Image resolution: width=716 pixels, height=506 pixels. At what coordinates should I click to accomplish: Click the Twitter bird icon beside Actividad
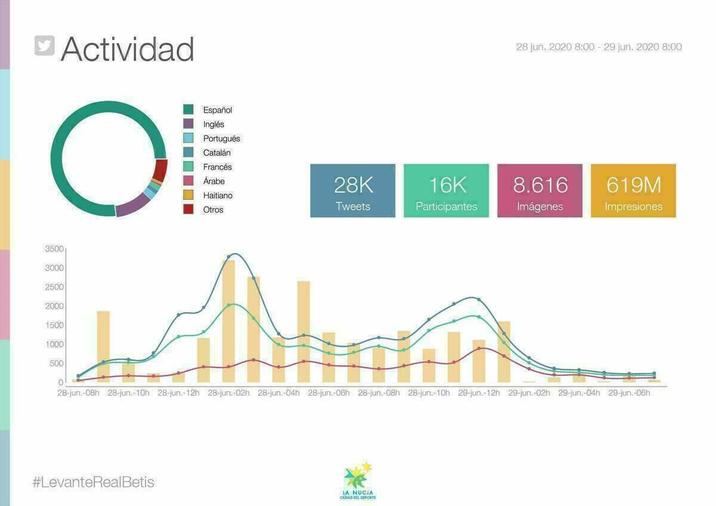45,46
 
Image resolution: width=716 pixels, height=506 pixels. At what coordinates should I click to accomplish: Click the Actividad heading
127,49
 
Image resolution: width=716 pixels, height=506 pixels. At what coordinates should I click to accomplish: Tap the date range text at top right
598,47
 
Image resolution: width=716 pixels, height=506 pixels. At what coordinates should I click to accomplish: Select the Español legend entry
217,110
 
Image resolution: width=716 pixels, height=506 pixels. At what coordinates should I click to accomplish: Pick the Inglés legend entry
214,124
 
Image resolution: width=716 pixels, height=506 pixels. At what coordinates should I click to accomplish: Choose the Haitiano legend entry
217,195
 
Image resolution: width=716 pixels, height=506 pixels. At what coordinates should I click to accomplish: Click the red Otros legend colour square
189,209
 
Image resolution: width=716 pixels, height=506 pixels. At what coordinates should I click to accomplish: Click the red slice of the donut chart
159,171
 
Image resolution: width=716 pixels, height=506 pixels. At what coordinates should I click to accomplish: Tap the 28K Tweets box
353,191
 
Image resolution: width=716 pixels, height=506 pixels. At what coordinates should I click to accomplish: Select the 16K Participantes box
446,191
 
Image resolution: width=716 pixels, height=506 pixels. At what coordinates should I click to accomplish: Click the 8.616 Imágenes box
540,191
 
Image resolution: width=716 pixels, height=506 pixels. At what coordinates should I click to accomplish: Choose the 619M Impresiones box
633,191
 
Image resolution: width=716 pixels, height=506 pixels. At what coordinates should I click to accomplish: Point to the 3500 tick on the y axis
54,249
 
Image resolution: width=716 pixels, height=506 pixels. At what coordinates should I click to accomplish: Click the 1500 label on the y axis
54,325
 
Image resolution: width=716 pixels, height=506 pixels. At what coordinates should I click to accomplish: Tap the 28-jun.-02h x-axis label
229,393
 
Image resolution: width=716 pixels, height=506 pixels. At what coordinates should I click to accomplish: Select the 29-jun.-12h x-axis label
479,393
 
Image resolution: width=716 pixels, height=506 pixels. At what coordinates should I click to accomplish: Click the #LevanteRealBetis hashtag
94,482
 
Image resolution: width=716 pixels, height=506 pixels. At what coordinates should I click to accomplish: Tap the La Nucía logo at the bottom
358,481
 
